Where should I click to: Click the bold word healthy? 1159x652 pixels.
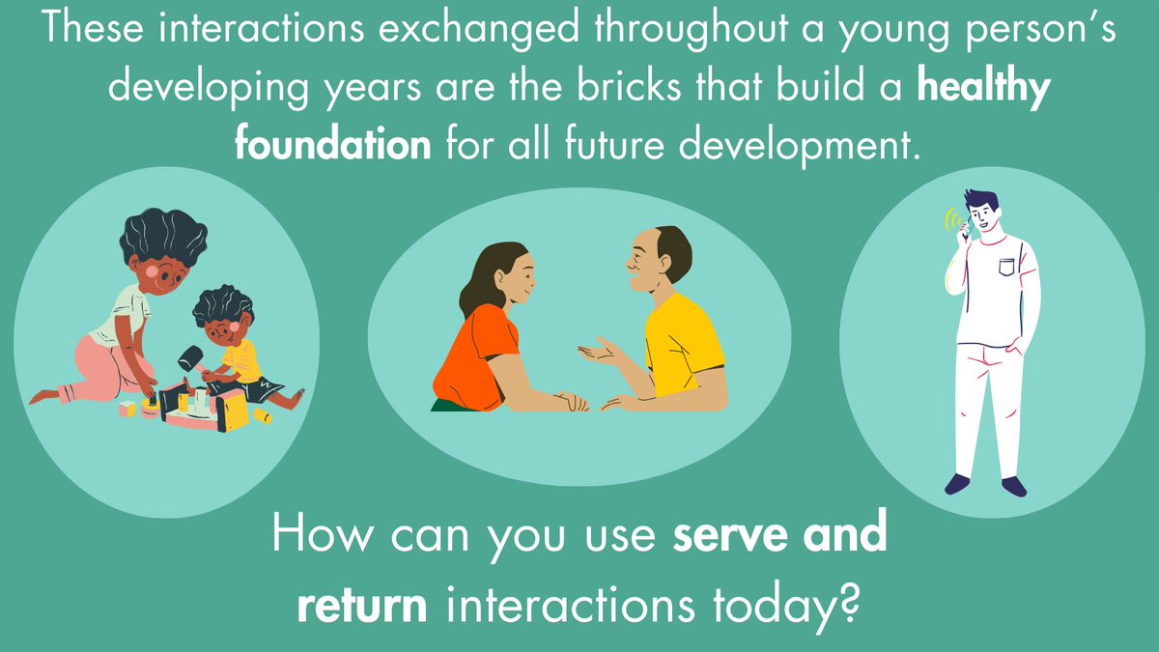(x=983, y=89)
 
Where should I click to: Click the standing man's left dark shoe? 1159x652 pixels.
(x=956, y=482)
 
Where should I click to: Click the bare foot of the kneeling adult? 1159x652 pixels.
(x=44, y=396)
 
